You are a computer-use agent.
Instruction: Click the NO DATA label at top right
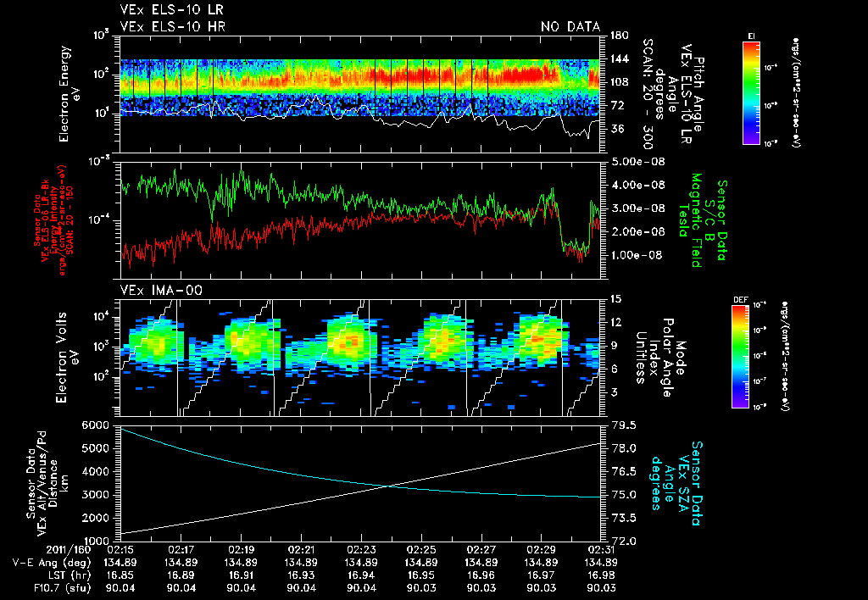(570, 27)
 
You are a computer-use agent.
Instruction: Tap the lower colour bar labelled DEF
(740, 356)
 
